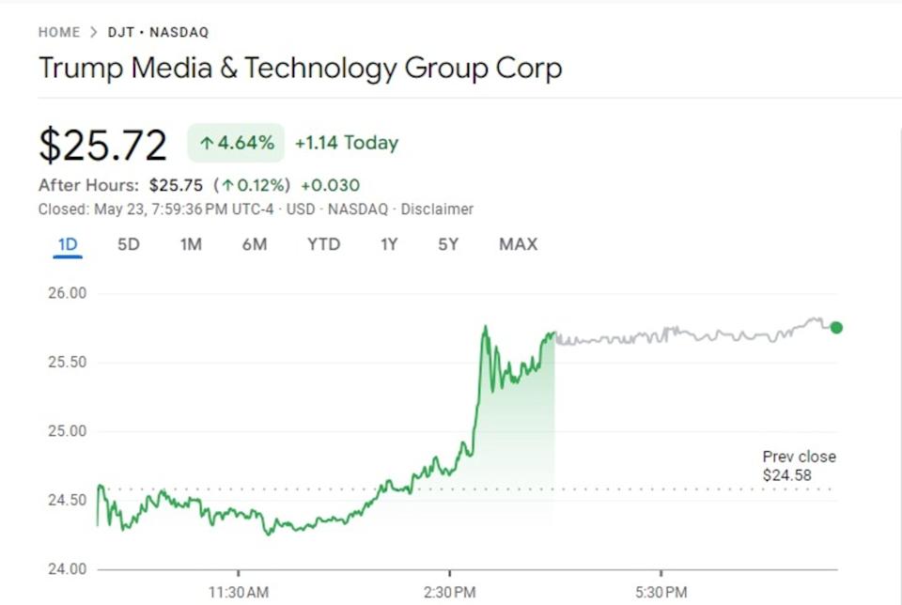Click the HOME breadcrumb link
[59, 32]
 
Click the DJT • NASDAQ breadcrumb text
[158, 32]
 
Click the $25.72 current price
[102, 145]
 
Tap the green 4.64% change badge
[236, 143]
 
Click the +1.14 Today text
[346, 143]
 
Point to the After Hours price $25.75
[177, 185]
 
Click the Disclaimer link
[437, 209]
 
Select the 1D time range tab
[68, 244]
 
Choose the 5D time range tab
[129, 244]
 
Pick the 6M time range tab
[254, 244]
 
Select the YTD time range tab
[323, 244]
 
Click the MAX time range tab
[518, 244]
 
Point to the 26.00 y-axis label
[66, 293]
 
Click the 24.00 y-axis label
[66, 569]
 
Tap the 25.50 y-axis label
[66, 363]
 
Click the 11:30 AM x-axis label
[239, 593]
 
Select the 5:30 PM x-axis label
[661, 593]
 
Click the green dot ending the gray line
[836, 328]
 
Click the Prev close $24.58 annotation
[799, 466]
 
